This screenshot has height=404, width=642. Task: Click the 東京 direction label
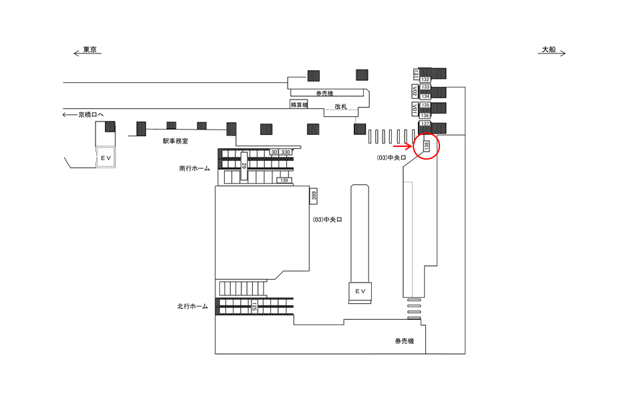click(x=90, y=50)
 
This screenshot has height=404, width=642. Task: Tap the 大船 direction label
click(x=549, y=50)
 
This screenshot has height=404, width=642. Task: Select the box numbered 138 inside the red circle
click(x=426, y=146)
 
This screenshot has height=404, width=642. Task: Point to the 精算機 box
click(x=298, y=105)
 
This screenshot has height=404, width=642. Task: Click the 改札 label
click(x=341, y=107)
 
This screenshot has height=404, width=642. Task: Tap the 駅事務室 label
click(x=175, y=141)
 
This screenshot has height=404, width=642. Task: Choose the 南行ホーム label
click(x=194, y=169)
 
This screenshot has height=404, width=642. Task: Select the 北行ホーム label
click(x=192, y=307)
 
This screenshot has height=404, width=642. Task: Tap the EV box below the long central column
click(x=360, y=291)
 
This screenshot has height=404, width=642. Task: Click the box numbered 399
click(x=313, y=195)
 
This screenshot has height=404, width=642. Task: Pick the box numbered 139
click(x=284, y=180)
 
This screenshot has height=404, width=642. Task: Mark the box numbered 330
click(x=286, y=153)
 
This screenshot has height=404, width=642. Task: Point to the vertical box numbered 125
click(x=255, y=307)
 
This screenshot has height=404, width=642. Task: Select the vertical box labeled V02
click(x=415, y=91)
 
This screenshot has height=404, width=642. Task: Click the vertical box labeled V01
click(x=415, y=110)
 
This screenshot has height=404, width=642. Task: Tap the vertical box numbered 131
click(x=415, y=73)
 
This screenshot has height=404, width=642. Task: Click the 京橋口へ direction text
click(x=87, y=115)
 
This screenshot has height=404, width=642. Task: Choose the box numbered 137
click(x=425, y=124)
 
